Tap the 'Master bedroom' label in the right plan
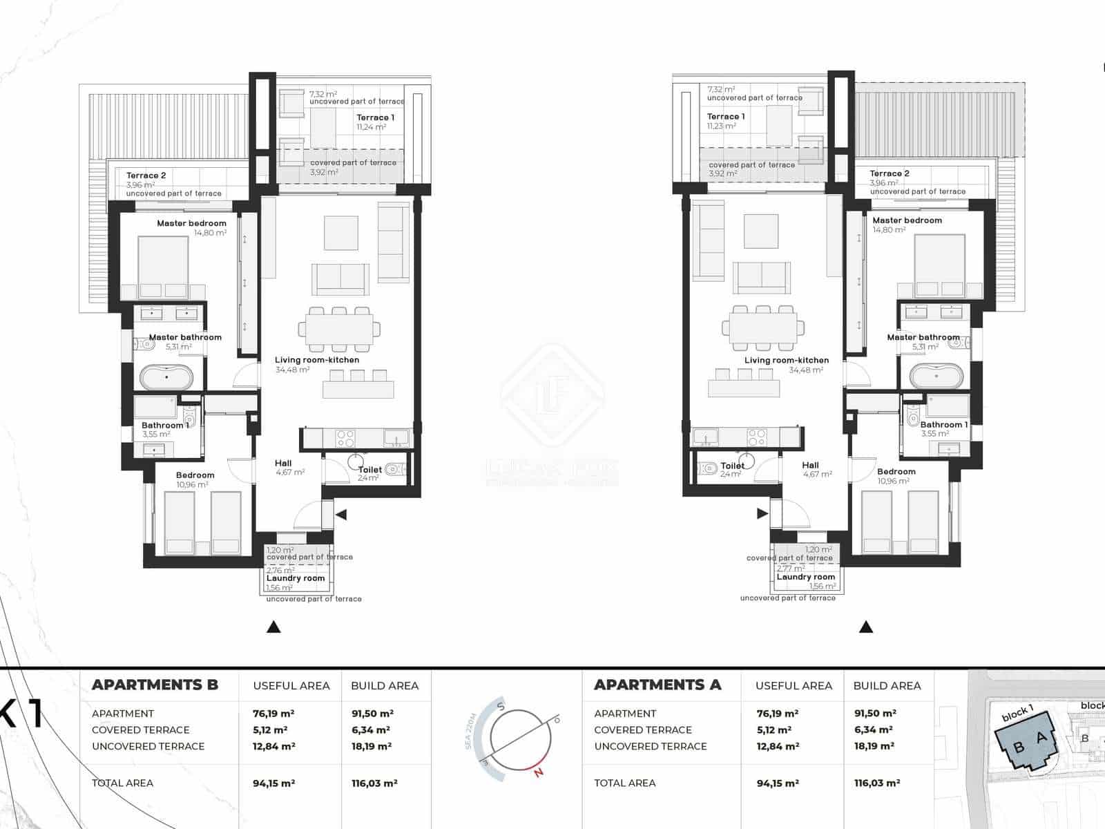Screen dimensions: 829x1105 907,220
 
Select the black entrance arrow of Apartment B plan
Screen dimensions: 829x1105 340,515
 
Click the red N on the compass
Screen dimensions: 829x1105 539,773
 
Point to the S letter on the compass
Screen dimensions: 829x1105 502,708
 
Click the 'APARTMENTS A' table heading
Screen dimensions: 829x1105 657,685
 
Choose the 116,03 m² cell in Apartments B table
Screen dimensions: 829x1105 374,783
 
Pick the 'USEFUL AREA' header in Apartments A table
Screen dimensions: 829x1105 794,686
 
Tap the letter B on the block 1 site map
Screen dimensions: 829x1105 1019,747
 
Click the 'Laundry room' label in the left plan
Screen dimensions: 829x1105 296,578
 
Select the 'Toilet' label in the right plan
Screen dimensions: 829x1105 732,466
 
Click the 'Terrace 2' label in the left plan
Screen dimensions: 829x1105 146,175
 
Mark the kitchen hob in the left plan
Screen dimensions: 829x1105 345,437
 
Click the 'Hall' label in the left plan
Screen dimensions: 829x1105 283,464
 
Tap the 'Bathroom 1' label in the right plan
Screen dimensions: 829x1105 943,425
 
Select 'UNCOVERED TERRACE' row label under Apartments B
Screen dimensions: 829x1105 148,746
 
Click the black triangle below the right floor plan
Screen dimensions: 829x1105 866,627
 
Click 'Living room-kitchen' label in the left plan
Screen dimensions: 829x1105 317,360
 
